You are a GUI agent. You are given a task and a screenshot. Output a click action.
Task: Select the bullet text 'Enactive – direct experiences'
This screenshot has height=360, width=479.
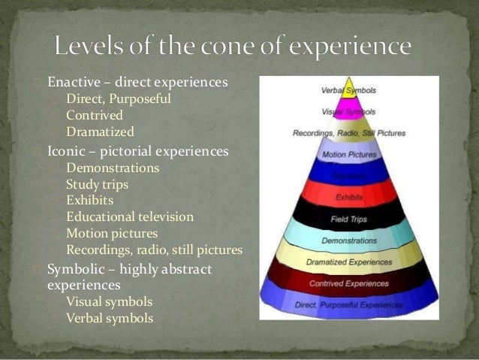[137, 80]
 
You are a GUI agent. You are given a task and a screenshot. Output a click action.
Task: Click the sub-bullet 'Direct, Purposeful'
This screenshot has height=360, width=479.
[118, 98]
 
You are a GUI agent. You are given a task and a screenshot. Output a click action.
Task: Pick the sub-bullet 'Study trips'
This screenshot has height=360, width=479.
[97, 184]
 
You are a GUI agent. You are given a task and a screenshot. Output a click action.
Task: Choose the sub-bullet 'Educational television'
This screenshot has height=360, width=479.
[129, 217]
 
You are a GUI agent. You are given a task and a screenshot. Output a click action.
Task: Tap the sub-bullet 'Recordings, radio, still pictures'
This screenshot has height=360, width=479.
[154, 250]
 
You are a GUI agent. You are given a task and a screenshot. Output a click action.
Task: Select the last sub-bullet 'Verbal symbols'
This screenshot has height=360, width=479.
[109, 319]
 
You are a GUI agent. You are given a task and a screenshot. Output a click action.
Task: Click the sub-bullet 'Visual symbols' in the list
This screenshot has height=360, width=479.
[109, 302]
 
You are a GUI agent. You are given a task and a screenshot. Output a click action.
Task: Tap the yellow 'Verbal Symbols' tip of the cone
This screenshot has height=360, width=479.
[348, 91]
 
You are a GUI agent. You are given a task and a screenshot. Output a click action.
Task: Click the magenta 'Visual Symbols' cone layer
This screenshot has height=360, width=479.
[348, 112]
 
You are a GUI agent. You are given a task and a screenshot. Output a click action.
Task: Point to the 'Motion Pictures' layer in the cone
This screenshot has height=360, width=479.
[348, 156]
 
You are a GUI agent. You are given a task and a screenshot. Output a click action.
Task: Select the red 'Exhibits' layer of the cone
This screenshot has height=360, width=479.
[348, 198]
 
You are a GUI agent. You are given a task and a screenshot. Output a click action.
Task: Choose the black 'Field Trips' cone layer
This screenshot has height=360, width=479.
[348, 219]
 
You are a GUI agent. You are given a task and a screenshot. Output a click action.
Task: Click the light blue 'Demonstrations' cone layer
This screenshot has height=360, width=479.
[348, 241]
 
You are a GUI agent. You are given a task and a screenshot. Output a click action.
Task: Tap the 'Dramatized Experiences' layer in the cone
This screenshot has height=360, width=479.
[348, 262]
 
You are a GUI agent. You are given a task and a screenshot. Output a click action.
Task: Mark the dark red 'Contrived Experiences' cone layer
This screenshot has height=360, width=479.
[348, 283]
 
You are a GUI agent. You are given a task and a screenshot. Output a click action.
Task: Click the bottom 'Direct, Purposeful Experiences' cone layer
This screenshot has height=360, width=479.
[348, 306]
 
